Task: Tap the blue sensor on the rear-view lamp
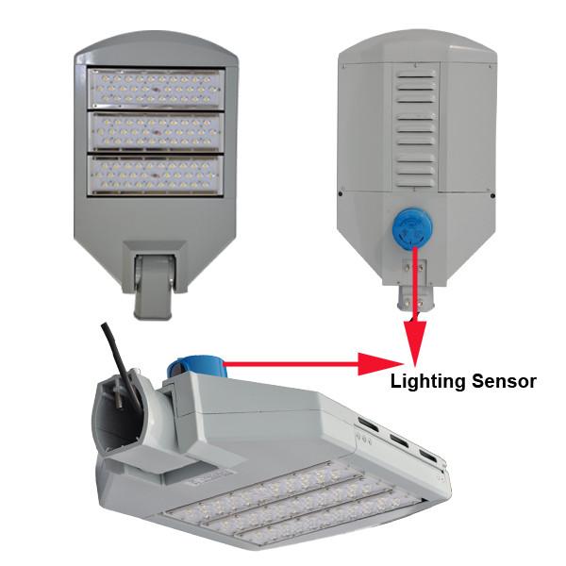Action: pyautogui.click(x=411, y=229)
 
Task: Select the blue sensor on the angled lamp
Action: pyautogui.click(x=194, y=368)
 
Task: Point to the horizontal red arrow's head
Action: pyautogui.click(x=380, y=364)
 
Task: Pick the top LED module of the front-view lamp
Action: pyautogui.click(x=156, y=88)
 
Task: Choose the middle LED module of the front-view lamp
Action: pyautogui.click(x=156, y=131)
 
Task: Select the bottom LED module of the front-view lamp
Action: pyautogui.click(x=156, y=175)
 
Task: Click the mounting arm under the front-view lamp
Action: pyautogui.click(x=154, y=286)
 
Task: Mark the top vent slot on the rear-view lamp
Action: pyautogui.click(x=415, y=75)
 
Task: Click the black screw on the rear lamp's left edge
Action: pyautogui.click(x=341, y=193)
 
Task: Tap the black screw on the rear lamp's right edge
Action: pyautogui.click(x=492, y=196)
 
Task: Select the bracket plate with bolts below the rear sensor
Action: pyautogui.click(x=414, y=272)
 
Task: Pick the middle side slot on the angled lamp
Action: pyautogui.click(x=399, y=441)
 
